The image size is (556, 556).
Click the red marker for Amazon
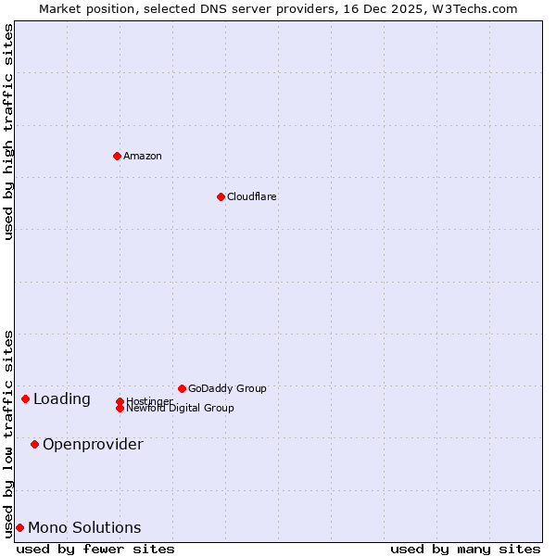tap(117, 156)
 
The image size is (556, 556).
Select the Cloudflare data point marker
tap(221, 196)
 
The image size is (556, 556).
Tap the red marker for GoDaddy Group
tap(182, 388)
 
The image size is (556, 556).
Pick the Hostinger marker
tap(120, 401)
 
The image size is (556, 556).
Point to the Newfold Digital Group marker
tap(120, 408)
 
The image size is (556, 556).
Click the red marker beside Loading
tap(25, 398)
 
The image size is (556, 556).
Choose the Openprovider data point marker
tap(34, 444)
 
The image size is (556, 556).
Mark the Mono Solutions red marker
tap(19, 527)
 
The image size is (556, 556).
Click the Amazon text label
tap(143, 156)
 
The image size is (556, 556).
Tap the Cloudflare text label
tap(251, 196)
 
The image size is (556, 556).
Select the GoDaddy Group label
tap(227, 388)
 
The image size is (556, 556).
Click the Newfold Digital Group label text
tap(180, 409)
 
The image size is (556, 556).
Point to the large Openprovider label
tap(93, 444)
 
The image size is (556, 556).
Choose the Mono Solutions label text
tap(84, 527)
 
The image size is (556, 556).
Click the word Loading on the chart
tap(62, 399)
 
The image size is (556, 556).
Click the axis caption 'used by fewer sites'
tap(95, 549)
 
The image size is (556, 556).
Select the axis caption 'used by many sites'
tap(465, 549)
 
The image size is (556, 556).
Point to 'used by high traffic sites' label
tap(8, 132)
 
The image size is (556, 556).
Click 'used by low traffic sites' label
tap(8, 434)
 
